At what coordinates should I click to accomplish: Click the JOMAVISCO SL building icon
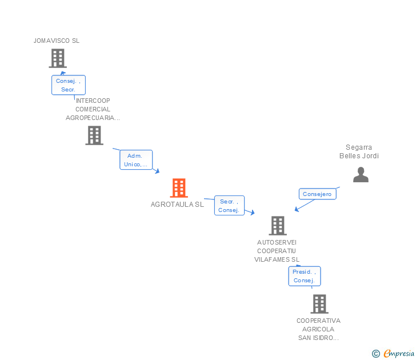coord(57,58)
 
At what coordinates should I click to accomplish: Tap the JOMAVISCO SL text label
coord(57,41)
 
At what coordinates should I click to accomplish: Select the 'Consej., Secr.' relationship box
coord(69,85)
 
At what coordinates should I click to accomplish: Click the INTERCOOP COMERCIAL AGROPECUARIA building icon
coord(94,135)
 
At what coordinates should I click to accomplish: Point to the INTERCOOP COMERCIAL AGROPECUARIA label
coord(93,109)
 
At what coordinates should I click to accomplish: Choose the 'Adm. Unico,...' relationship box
coord(136,160)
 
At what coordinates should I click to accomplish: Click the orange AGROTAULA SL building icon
coord(179,188)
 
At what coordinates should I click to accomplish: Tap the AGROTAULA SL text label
coord(177,204)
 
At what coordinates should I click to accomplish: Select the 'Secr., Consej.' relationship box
coord(229,206)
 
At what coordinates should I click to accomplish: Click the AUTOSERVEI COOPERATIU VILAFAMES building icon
coord(277,226)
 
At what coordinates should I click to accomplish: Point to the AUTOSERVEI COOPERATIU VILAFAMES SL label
coord(277,250)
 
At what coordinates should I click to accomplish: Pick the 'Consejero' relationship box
coord(317,194)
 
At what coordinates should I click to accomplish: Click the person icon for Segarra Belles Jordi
coord(361,175)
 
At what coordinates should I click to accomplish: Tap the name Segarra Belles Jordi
coord(359,151)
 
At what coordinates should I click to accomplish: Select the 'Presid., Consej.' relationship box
coord(304,276)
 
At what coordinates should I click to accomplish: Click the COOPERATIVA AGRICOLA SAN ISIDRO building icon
coord(319,304)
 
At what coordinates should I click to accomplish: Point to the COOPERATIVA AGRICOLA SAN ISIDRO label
coord(318,329)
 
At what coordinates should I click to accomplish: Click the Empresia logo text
coord(399,353)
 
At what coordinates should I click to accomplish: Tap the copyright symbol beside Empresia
coord(375,354)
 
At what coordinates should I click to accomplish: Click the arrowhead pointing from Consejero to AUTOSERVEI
coord(297,210)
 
